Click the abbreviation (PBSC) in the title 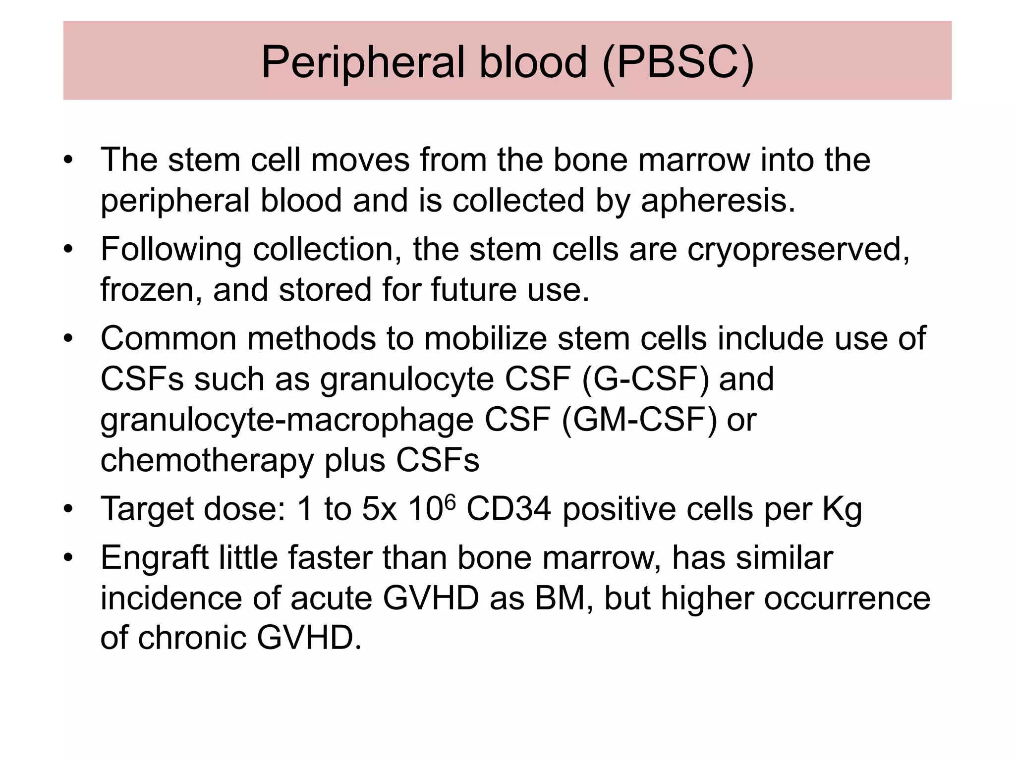coord(678,62)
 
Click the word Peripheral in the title coord(363,62)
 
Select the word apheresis coord(718,201)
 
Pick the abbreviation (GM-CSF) coord(639,420)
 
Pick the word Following coord(171,249)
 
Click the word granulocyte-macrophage coord(287,420)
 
